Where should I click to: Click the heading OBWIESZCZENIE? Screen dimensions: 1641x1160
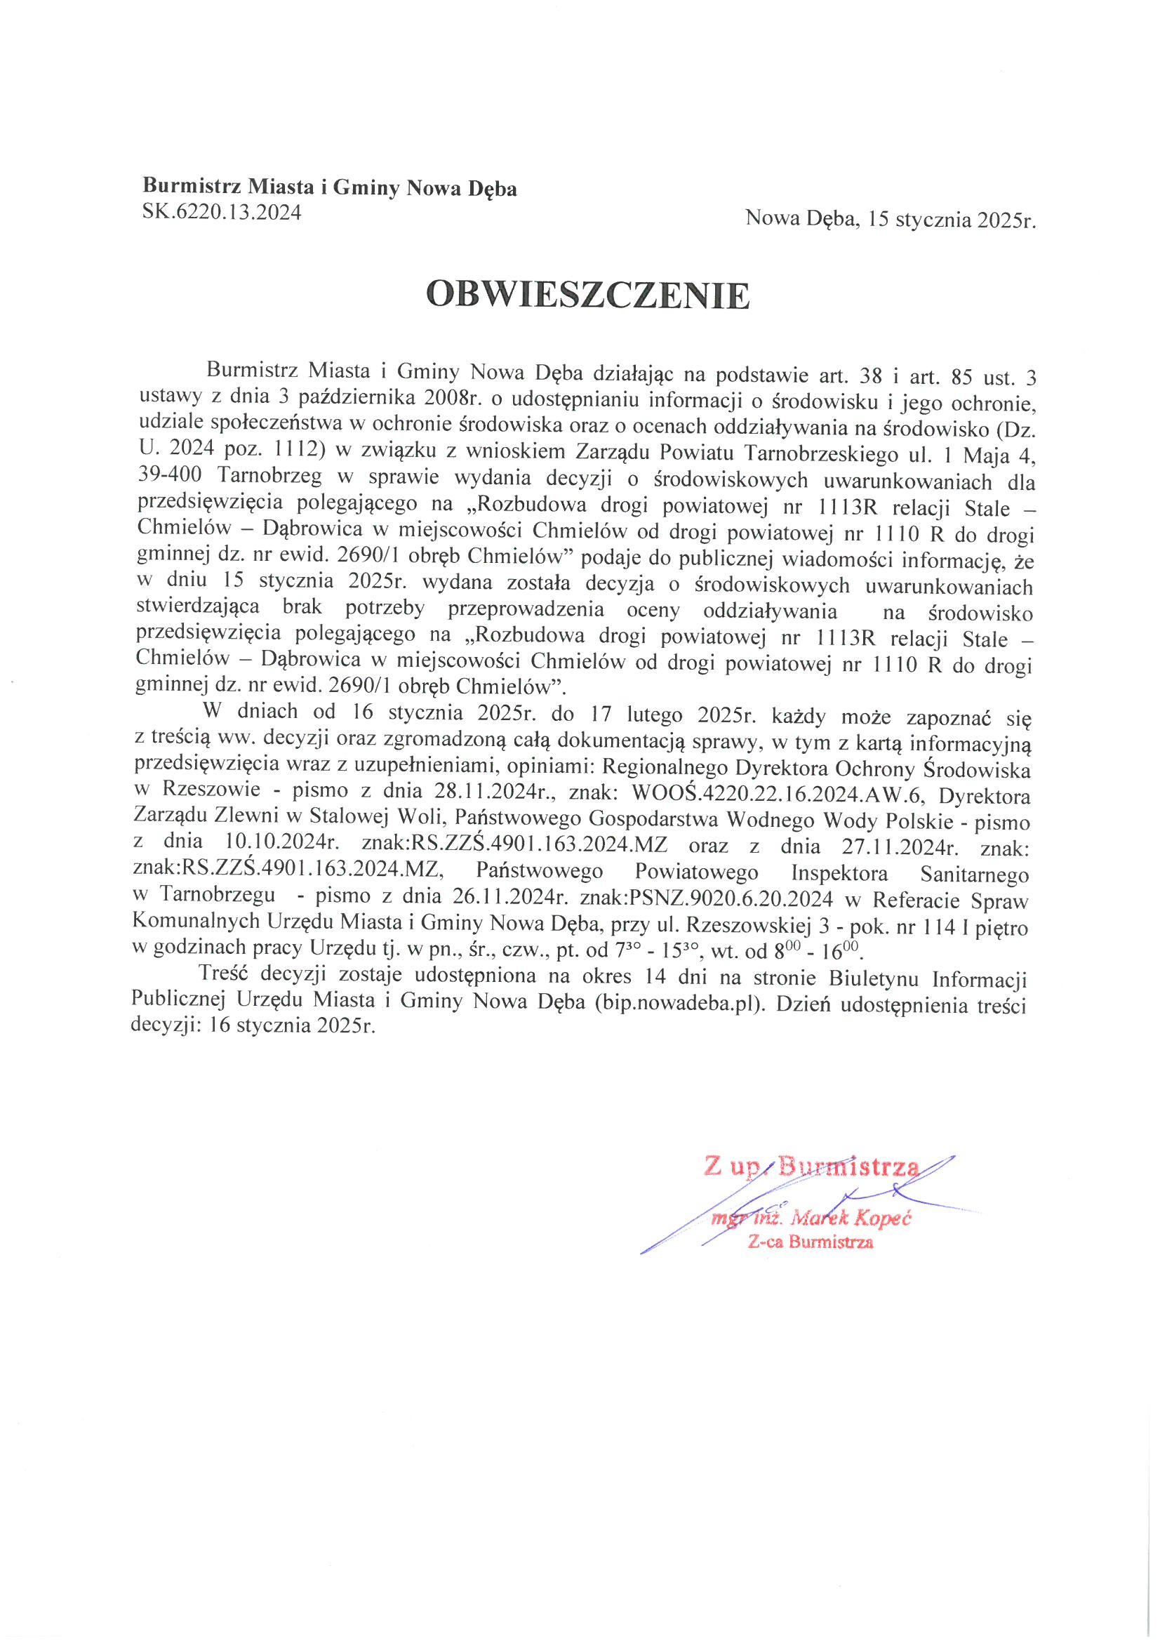click(x=587, y=295)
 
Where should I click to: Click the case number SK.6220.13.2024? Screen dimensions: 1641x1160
click(x=222, y=212)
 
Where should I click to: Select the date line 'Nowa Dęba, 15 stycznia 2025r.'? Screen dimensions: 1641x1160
click(x=890, y=219)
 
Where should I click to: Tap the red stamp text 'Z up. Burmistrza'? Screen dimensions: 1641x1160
click(x=811, y=1166)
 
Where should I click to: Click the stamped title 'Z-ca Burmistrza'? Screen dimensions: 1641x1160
click(x=810, y=1242)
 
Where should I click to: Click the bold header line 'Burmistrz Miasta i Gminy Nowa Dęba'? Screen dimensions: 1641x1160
click(x=330, y=188)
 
